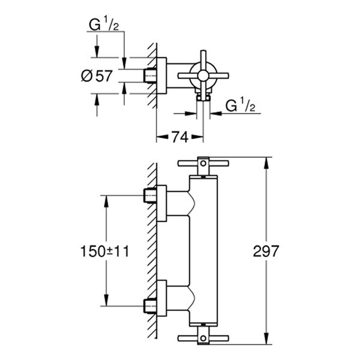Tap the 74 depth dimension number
click(176, 137)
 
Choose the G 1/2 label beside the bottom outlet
click(241, 107)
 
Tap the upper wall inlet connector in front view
click(154, 196)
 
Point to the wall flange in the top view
click(161, 76)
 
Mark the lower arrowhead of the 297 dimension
click(266, 341)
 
